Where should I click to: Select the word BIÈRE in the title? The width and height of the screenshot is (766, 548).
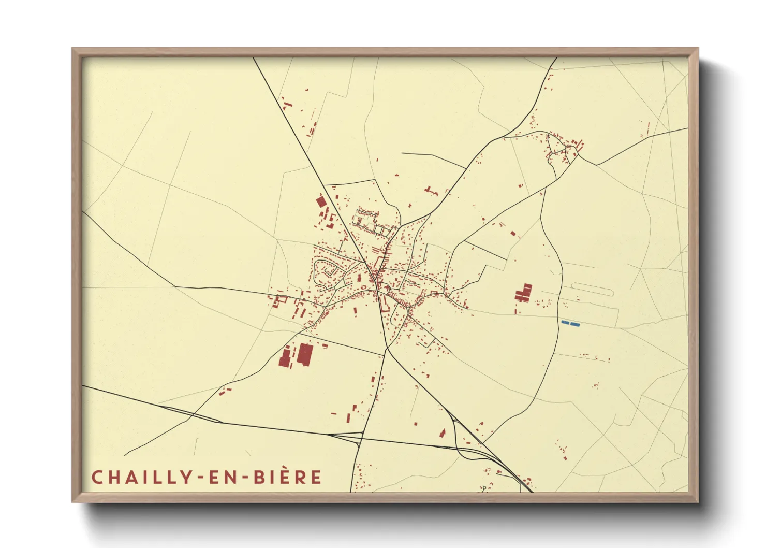tap(287, 477)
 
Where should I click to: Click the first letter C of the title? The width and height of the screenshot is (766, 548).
tap(96, 477)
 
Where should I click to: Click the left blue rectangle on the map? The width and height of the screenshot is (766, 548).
tap(565, 323)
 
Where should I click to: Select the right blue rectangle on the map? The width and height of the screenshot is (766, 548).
tap(574, 325)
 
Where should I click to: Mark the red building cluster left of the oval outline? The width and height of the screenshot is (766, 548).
tap(524, 293)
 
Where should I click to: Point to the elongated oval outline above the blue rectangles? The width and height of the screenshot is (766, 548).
tap(593, 289)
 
